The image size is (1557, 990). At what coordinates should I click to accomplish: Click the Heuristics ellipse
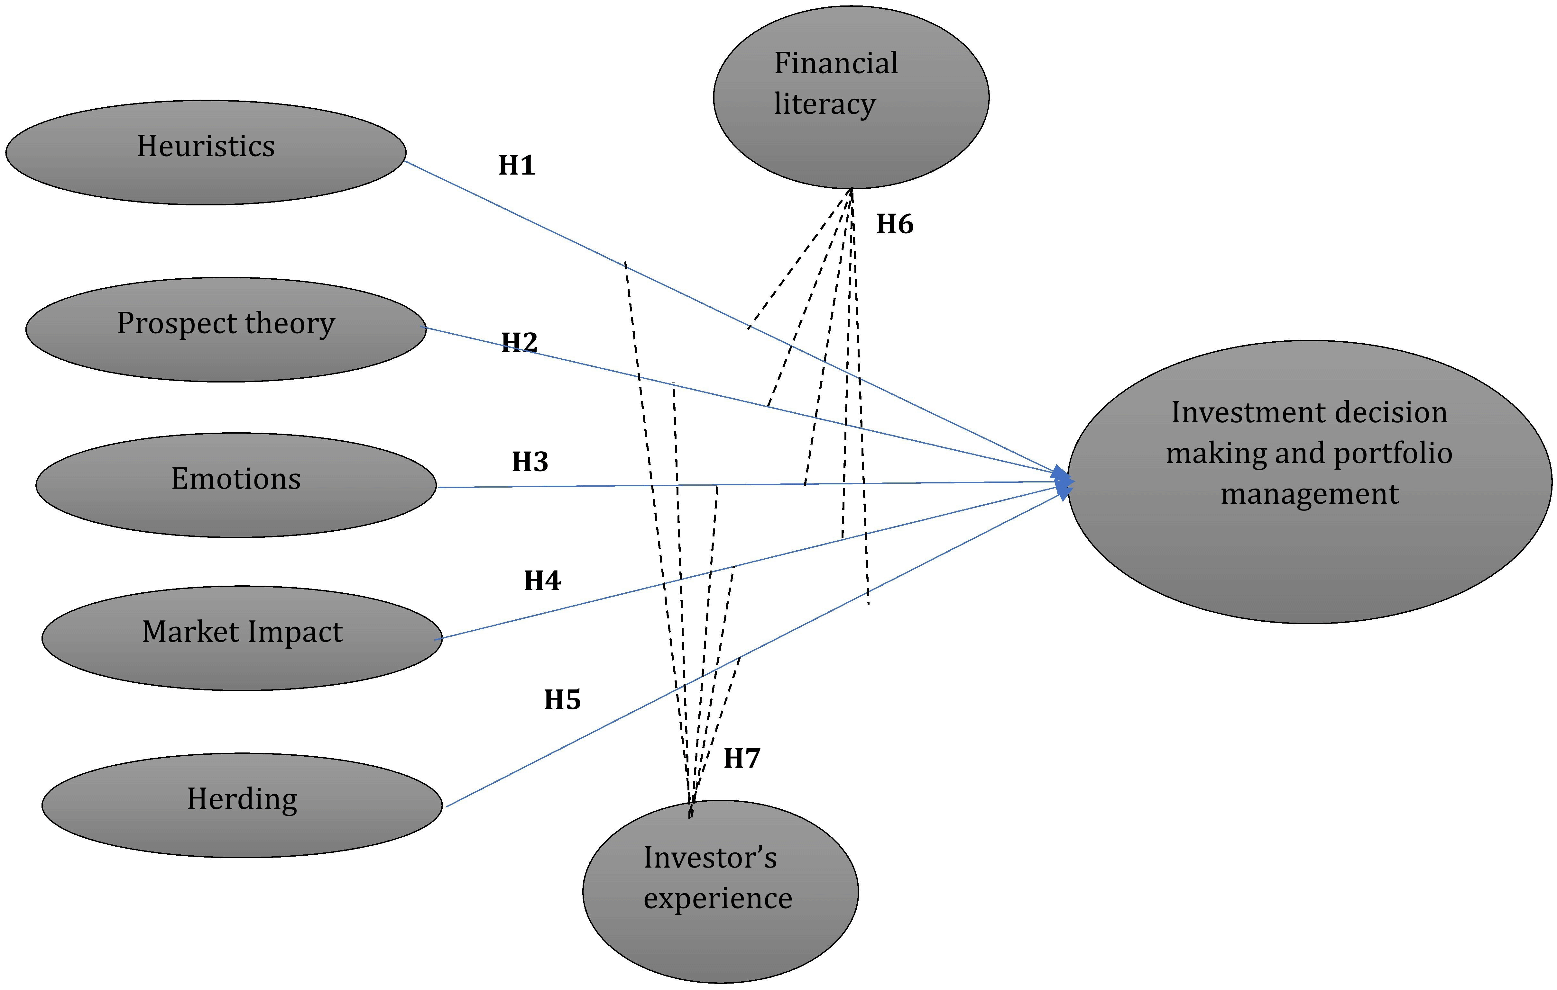206,152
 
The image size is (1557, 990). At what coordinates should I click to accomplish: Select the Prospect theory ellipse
226,329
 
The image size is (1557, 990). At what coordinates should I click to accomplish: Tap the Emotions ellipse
236,485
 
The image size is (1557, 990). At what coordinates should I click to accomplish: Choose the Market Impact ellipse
242,638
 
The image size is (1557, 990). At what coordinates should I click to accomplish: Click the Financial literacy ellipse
851,97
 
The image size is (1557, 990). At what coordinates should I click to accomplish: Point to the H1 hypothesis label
517,166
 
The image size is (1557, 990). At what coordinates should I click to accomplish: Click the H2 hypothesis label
519,342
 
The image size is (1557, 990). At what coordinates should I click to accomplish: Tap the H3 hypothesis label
530,461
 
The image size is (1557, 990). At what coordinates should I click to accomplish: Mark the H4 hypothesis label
542,580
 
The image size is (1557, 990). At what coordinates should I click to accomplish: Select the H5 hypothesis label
562,699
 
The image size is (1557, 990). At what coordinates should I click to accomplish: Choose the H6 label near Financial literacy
895,224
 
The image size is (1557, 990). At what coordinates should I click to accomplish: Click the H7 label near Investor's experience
742,758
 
